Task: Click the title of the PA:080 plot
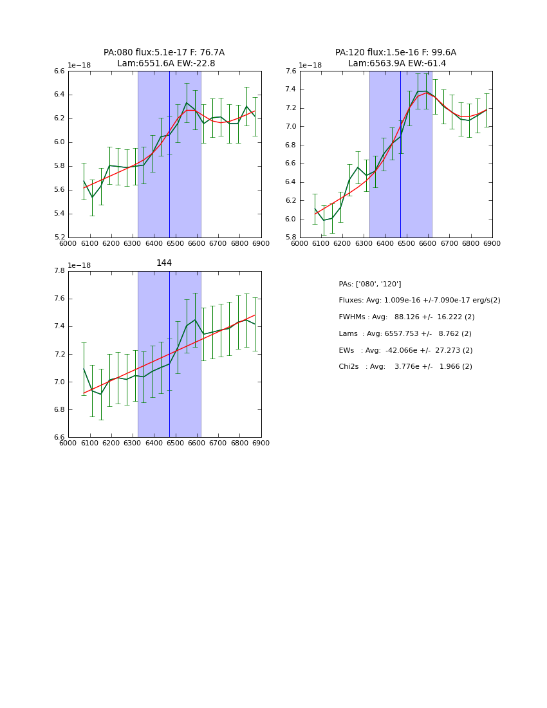pyautogui.click(x=164, y=58)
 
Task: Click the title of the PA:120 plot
pyautogui.click(x=396, y=58)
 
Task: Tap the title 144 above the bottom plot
pyautogui.click(x=164, y=263)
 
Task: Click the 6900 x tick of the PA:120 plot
pyautogui.click(x=492, y=243)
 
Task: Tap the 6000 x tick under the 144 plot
pyautogui.click(x=68, y=443)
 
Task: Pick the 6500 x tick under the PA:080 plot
pyautogui.click(x=175, y=243)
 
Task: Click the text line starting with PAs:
pyautogui.click(x=370, y=284)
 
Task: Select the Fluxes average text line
pyautogui.click(x=420, y=301)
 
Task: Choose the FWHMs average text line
pyautogui.click(x=407, y=317)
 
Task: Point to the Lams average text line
pyautogui.click(x=405, y=334)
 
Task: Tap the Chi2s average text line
pyautogui.click(x=405, y=367)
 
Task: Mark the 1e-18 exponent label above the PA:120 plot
pyautogui.click(x=311, y=66)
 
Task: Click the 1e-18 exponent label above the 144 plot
pyautogui.click(x=79, y=265)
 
